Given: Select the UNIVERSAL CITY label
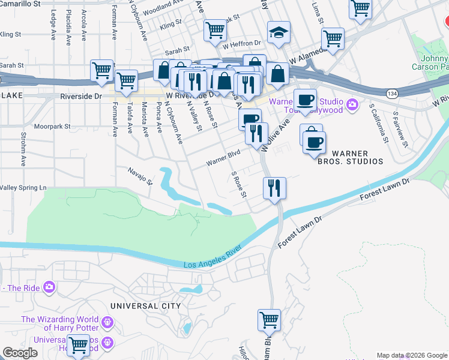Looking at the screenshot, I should coord(145,306).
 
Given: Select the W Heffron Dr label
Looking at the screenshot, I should coord(243,44).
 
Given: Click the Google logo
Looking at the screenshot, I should coord(20,353).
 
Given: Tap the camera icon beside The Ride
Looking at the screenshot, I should coord(49,287).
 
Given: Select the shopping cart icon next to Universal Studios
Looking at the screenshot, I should coord(79,346).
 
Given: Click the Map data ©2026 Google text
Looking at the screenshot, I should coord(411,355).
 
